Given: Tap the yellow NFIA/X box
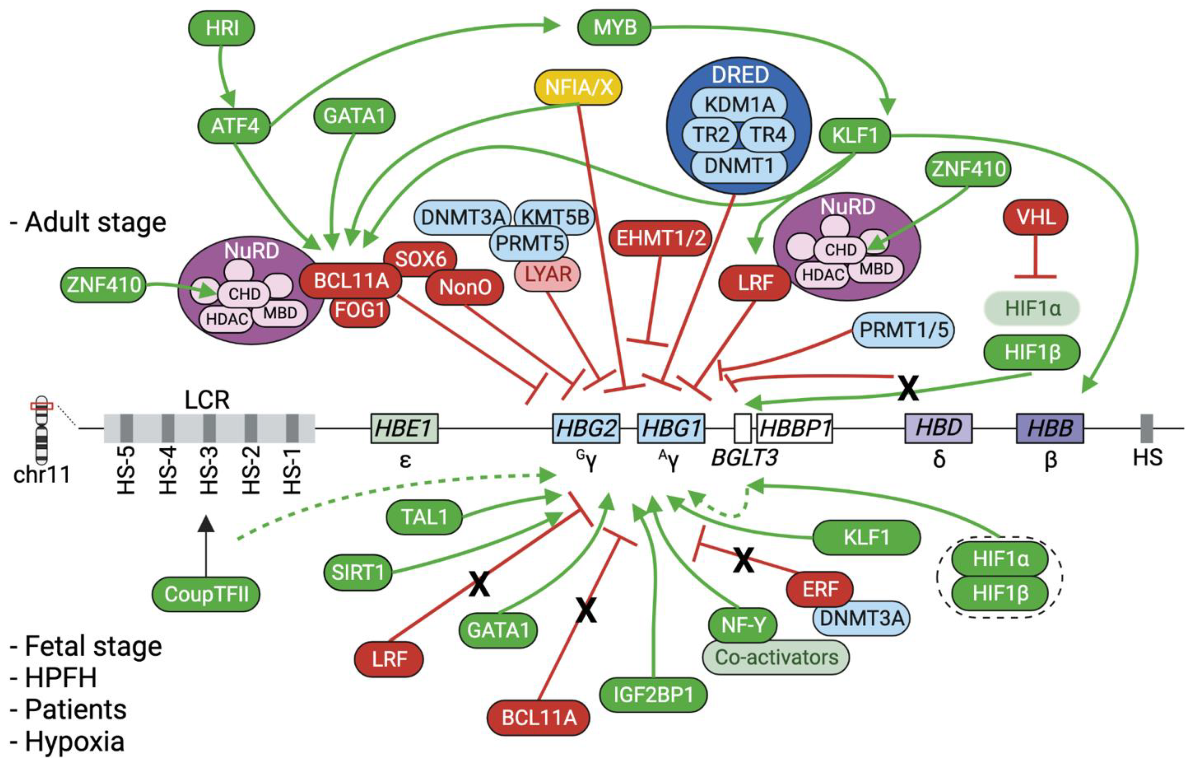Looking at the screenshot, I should point(578,88).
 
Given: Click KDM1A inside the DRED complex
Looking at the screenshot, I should point(739,105).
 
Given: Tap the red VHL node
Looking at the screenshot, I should point(1035,217).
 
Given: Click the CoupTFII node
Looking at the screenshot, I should point(206,594).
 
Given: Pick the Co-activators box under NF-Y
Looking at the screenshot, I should point(776,657).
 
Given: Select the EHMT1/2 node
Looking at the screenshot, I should point(660,238).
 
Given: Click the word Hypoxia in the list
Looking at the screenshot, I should point(75,741).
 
